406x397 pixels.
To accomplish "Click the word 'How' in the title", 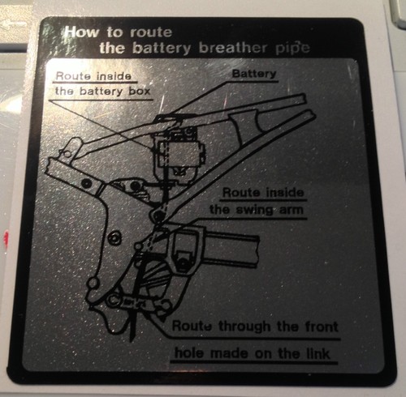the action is click(82, 32).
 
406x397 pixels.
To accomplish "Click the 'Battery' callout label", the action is click(254, 74).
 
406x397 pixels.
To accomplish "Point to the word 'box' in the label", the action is click(140, 92).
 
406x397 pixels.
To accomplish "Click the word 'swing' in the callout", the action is click(255, 210).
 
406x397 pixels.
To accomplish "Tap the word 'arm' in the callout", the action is click(291, 211).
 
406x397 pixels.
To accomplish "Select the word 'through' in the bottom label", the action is click(244, 327).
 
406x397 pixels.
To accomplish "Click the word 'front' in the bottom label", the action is click(322, 327).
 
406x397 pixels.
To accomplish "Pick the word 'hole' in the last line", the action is click(188, 352).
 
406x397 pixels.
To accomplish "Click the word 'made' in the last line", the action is click(229, 353).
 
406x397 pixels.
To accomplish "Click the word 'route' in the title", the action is click(151, 32).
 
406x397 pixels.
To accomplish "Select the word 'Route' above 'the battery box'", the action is click(72, 76).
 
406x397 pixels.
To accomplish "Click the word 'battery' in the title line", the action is click(162, 49).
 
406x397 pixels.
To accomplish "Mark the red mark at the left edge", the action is click(6, 238).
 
